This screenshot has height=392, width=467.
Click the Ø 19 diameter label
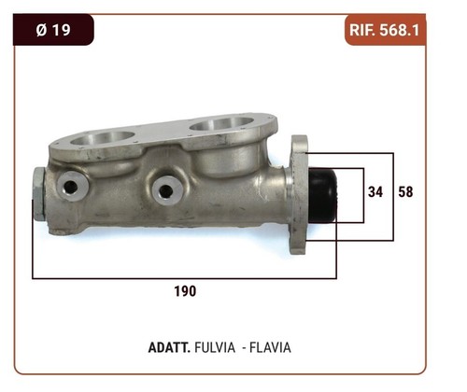(x=53, y=30)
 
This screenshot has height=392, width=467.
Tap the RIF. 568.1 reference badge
(x=385, y=30)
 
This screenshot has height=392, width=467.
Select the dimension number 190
(x=185, y=291)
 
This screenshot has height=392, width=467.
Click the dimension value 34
(x=375, y=191)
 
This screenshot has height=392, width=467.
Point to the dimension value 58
(x=405, y=191)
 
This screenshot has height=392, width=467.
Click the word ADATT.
(x=169, y=347)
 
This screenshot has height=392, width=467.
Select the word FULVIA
(x=215, y=347)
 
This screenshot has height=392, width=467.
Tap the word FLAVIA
(x=270, y=347)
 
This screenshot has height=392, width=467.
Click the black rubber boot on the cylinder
(x=322, y=195)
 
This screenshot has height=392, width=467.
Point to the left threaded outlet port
(x=72, y=187)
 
